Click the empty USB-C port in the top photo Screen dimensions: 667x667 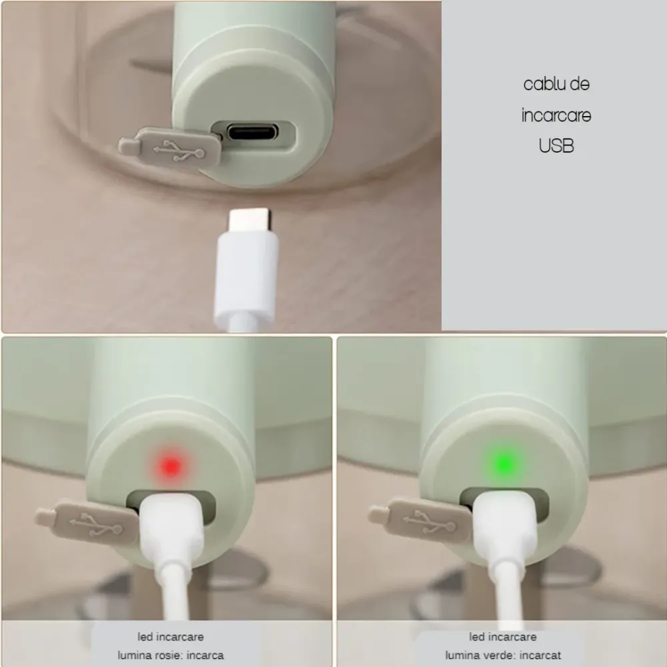253,131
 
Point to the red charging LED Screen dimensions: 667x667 171,466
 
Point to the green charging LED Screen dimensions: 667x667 503,464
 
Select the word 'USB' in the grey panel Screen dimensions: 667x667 556,145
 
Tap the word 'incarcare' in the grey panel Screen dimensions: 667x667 556,115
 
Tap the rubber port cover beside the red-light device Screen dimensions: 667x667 87,522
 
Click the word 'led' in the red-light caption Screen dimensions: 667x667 145,637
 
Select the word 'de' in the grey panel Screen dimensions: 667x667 580,84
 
